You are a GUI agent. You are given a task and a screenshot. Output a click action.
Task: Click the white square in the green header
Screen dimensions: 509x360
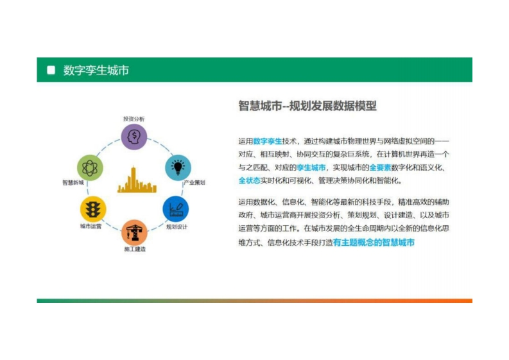pos(51,70)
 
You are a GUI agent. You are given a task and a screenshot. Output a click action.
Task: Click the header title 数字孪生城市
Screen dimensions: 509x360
pos(96,70)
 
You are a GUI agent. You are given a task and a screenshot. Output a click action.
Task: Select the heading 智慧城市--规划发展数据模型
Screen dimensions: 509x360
pos(307,106)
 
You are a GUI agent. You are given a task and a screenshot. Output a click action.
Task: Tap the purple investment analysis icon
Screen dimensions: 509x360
pos(134,137)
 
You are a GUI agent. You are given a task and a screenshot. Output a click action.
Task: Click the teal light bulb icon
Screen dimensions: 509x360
pos(178,167)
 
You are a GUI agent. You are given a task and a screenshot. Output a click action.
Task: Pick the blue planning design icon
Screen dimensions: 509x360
pos(176,209)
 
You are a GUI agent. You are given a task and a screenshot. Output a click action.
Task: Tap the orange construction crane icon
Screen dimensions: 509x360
pos(134,232)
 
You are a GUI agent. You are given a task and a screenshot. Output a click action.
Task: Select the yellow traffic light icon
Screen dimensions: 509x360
pos(93,209)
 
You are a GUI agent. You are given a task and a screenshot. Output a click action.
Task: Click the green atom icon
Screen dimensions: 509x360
pos(90,168)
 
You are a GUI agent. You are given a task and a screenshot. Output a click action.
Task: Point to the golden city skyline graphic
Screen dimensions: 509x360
pos(137,180)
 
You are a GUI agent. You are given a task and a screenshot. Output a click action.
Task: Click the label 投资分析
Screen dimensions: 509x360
pos(134,119)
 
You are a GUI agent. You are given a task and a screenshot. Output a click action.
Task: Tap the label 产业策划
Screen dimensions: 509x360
pos(194,182)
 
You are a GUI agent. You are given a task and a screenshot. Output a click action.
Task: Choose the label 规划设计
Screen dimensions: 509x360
pos(177,227)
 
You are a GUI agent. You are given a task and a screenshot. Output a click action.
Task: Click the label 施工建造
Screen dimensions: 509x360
pos(135,249)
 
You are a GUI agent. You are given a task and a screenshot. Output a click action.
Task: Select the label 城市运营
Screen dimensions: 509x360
pos(91,226)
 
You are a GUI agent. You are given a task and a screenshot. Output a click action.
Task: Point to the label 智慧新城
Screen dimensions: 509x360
pos(73,182)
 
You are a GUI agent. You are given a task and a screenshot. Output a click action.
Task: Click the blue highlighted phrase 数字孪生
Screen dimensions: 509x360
pos(268,141)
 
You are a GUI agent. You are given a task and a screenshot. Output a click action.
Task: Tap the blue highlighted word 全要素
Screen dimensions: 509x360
pos(380,167)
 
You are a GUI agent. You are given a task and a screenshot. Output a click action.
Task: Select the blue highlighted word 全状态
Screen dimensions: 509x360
pos(249,180)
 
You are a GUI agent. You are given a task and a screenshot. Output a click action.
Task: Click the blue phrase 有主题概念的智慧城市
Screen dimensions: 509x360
pos(374,243)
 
